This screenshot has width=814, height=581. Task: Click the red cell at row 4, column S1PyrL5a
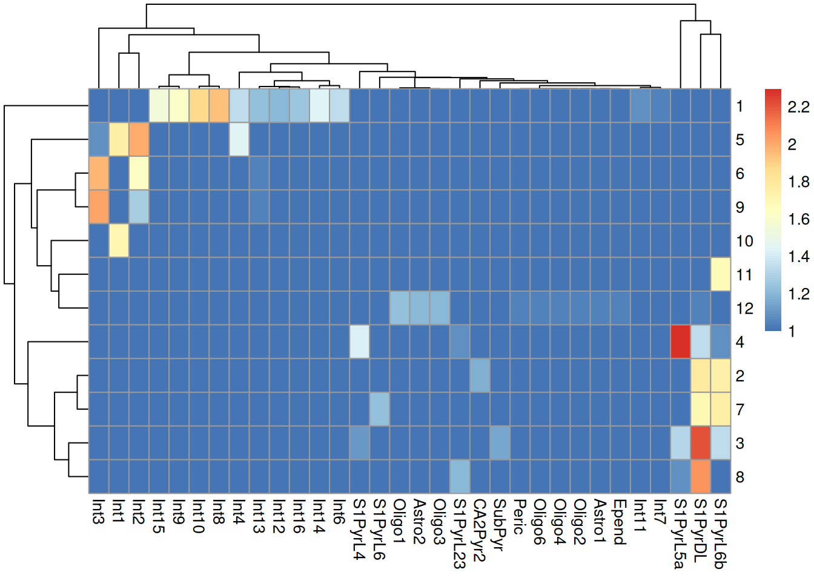tap(680, 342)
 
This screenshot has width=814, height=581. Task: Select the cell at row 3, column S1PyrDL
tap(700, 443)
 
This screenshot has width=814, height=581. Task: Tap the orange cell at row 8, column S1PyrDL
tap(700, 477)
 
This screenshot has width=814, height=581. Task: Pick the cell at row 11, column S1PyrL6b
tap(720, 274)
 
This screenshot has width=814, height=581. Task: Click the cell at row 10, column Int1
tap(119, 240)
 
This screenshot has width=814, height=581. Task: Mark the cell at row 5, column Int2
tap(139, 140)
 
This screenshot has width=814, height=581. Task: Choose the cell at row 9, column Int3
tap(99, 207)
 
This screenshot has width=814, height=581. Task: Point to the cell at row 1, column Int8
tap(219, 106)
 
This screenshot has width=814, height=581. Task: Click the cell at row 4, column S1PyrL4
tap(359, 342)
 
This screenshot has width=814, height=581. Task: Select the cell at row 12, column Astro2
tap(420, 308)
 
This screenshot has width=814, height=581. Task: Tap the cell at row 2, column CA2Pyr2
tap(480, 375)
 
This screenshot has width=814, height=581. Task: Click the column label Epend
tap(620, 522)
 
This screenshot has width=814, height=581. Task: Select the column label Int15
tap(159, 516)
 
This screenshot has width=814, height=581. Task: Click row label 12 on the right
tap(744, 309)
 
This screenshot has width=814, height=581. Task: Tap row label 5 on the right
tap(740, 140)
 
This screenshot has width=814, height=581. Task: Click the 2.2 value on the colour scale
tap(798, 107)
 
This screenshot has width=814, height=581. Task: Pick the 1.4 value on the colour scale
tap(798, 257)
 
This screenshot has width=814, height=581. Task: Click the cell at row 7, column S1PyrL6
tap(379, 409)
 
